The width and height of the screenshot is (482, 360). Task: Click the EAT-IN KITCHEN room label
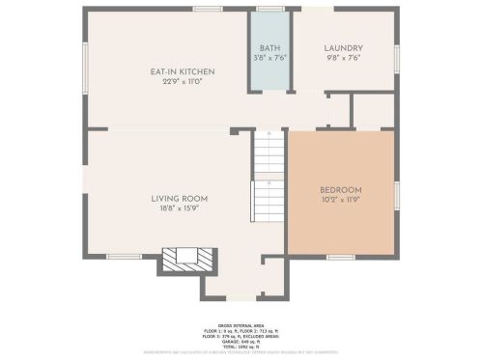pos(182,71)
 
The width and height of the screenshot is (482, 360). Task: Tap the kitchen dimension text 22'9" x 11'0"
pos(182,81)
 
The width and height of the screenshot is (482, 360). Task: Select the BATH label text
pos(269,48)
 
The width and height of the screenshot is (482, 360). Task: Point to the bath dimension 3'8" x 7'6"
pos(269,58)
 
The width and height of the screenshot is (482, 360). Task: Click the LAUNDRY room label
pos(343,48)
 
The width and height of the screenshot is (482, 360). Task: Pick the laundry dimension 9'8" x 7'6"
pos(343,58)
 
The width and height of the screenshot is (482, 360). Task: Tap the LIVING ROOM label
pos(180,199)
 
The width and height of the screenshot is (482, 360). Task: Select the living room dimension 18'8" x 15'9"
pos(180,208)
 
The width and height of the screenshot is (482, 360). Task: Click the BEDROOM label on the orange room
pos(341,189)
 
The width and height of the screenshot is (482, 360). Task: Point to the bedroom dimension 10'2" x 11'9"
pos(341,199)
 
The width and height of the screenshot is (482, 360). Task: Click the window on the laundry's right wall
pos(397,58)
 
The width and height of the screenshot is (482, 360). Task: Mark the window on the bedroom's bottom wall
pos(340,257)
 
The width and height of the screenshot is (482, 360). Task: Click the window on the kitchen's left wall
pos(84,68)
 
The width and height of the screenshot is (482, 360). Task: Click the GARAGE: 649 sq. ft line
pos(241,341)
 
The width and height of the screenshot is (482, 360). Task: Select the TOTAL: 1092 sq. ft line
pos(241,346)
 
